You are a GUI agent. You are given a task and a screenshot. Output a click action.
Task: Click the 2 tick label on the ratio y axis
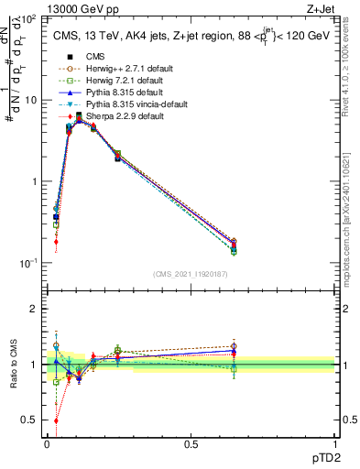point(36,309)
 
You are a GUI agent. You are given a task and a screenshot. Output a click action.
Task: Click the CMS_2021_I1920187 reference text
point(190,274)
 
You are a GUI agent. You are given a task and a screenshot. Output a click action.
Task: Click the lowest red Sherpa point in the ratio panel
point(56,420)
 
